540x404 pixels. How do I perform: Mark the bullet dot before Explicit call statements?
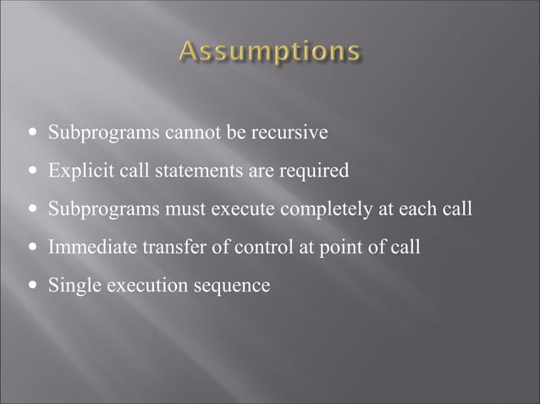click(32, 172)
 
